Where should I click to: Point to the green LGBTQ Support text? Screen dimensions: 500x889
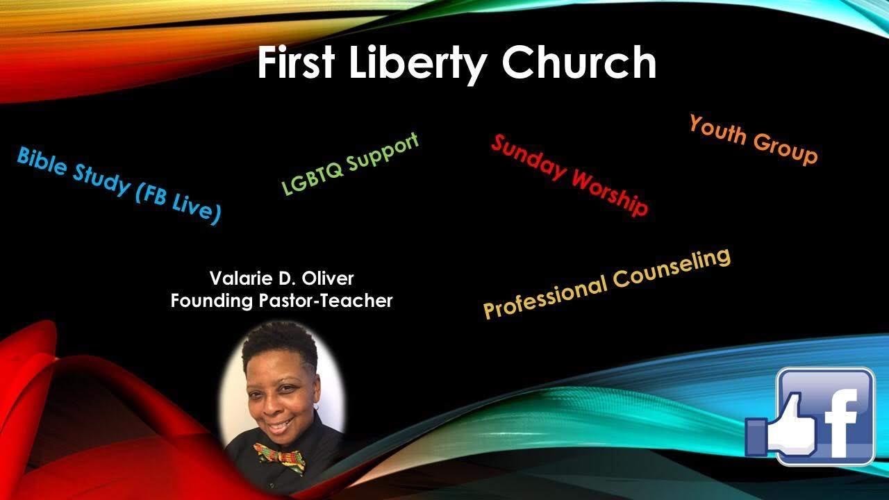(351, 164)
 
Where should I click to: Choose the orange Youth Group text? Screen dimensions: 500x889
(753, 140)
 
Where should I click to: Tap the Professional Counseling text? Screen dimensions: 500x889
(607, 283)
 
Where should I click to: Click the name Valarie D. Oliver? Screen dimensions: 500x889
(281, 278)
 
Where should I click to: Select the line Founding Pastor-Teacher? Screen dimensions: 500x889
(281, 301)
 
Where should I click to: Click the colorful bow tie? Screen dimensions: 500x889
(279, 456)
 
